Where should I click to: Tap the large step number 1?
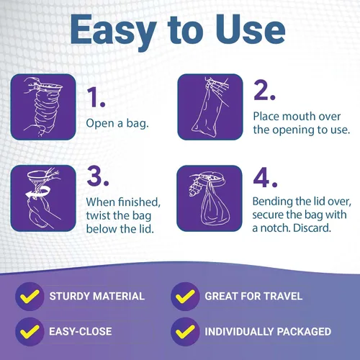tap(96, 97)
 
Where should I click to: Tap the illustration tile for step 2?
tap(209, 106)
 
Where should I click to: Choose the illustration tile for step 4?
tap(209, 198)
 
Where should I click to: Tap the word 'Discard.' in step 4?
tap(314, 229)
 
